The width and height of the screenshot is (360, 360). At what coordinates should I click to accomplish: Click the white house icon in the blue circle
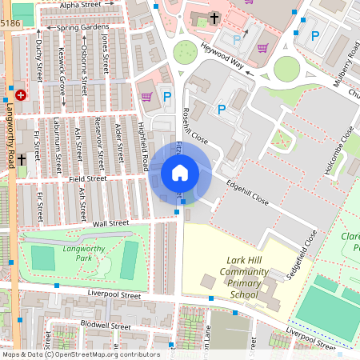[x=180, y=173]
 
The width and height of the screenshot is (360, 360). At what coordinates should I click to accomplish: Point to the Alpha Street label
[x=80, y=5]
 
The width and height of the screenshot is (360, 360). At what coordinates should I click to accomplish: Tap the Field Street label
[x=87, y=179]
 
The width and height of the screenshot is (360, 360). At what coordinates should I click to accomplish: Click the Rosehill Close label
[x=195, y=126]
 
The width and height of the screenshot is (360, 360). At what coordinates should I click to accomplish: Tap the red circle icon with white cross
[x=21, y=94]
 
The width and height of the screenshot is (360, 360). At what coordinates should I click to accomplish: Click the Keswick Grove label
[x=62, y=71]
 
